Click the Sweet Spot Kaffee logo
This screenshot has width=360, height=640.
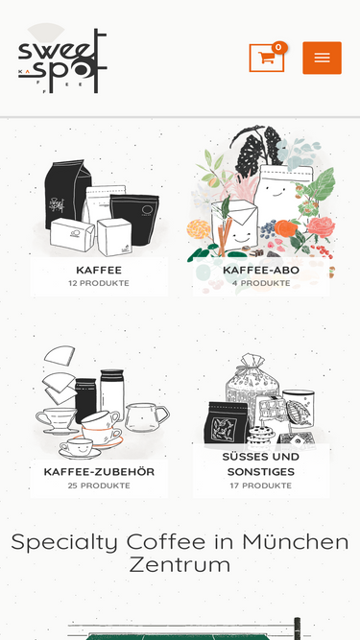62,59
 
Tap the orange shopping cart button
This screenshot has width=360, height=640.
267,58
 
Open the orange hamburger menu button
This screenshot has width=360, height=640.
322,58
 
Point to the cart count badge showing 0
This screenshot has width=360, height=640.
279,48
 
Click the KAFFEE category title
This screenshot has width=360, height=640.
99,271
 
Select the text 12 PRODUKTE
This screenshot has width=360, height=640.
99,283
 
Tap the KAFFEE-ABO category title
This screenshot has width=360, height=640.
261,271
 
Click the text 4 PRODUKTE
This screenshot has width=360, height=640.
261,283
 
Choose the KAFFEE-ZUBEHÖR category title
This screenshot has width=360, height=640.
99,472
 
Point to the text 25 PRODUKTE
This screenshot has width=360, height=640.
99,486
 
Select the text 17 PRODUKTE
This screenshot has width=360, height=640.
261,486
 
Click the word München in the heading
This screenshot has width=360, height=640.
296,542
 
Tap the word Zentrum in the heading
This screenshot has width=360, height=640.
180,565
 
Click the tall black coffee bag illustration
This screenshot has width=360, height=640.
67,193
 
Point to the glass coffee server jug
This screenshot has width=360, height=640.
146,417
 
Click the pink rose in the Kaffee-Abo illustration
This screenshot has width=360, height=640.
321,227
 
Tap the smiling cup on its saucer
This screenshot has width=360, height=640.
80,449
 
